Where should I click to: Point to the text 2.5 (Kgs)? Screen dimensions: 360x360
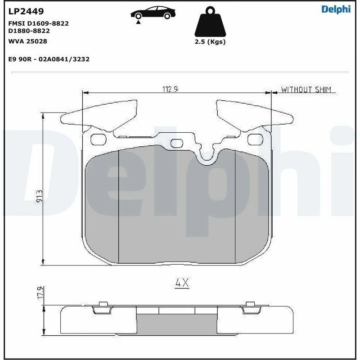tap(210, 42)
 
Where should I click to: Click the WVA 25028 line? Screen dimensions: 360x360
tap(28, 41)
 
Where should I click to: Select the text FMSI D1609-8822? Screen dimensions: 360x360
tap(39, 23)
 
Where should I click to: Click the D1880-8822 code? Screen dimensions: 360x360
tap(29, 31)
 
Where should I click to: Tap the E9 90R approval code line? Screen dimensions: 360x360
tap(49, 59)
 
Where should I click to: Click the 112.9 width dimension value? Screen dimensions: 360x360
tap(171, 89)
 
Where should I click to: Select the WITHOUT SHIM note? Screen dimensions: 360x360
tap(306, 90)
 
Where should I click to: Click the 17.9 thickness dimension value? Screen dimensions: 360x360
tap(40, 292)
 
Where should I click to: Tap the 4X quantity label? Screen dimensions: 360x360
tap(182, 283)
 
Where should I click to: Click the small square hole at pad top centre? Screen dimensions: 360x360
tap(176, 143)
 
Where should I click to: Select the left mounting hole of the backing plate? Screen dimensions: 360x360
tap(97, 139)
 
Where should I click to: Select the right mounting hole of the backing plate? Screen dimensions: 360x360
tap(256, 139)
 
